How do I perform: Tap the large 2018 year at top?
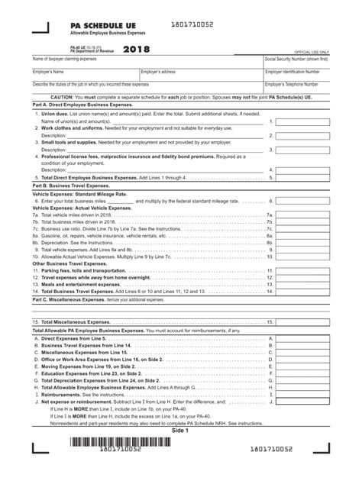137,49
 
